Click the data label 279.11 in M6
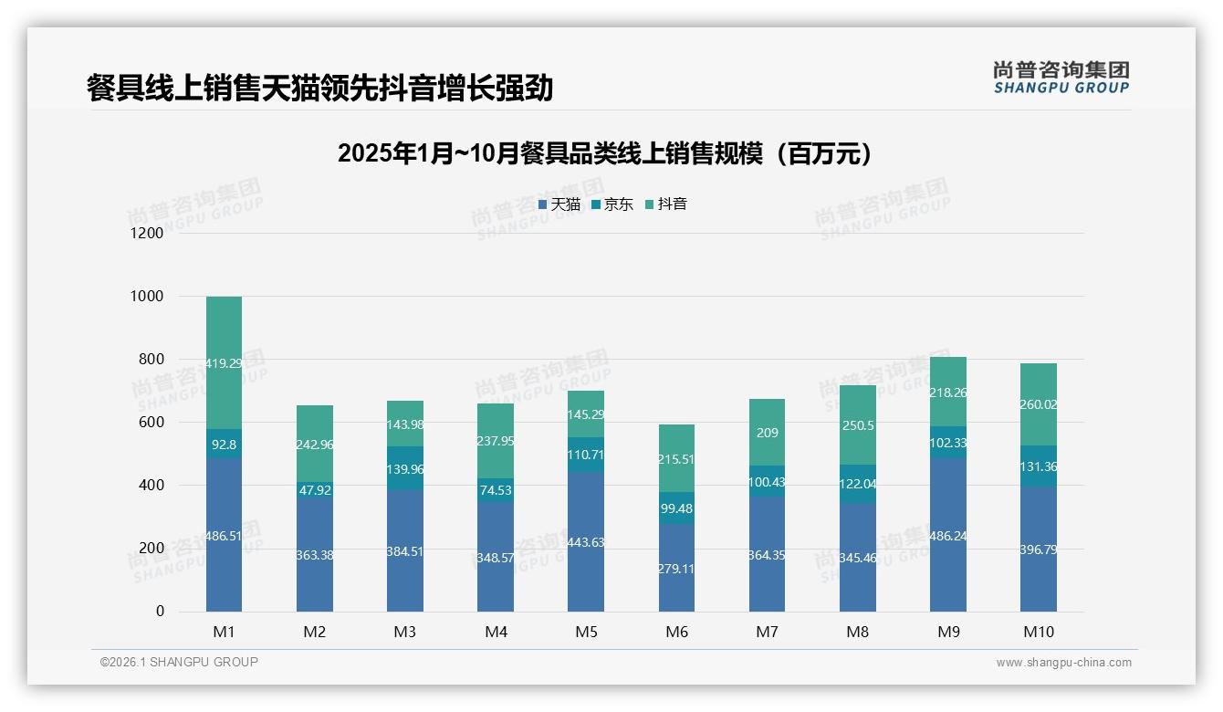(675, 568)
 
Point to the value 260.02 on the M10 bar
(1039, 404)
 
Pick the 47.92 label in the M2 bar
(314, 489)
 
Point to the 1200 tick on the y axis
(147, 234)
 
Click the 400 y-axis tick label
(151, 486)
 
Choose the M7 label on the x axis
(767, 633)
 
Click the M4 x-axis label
(496, 633)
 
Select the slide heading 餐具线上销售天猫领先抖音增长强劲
(319, 89)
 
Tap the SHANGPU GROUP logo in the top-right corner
(1061, 78)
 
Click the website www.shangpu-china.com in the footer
(1063, 663)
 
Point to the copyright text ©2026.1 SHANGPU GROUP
(179, 662)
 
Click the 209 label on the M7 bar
(767, 433)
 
